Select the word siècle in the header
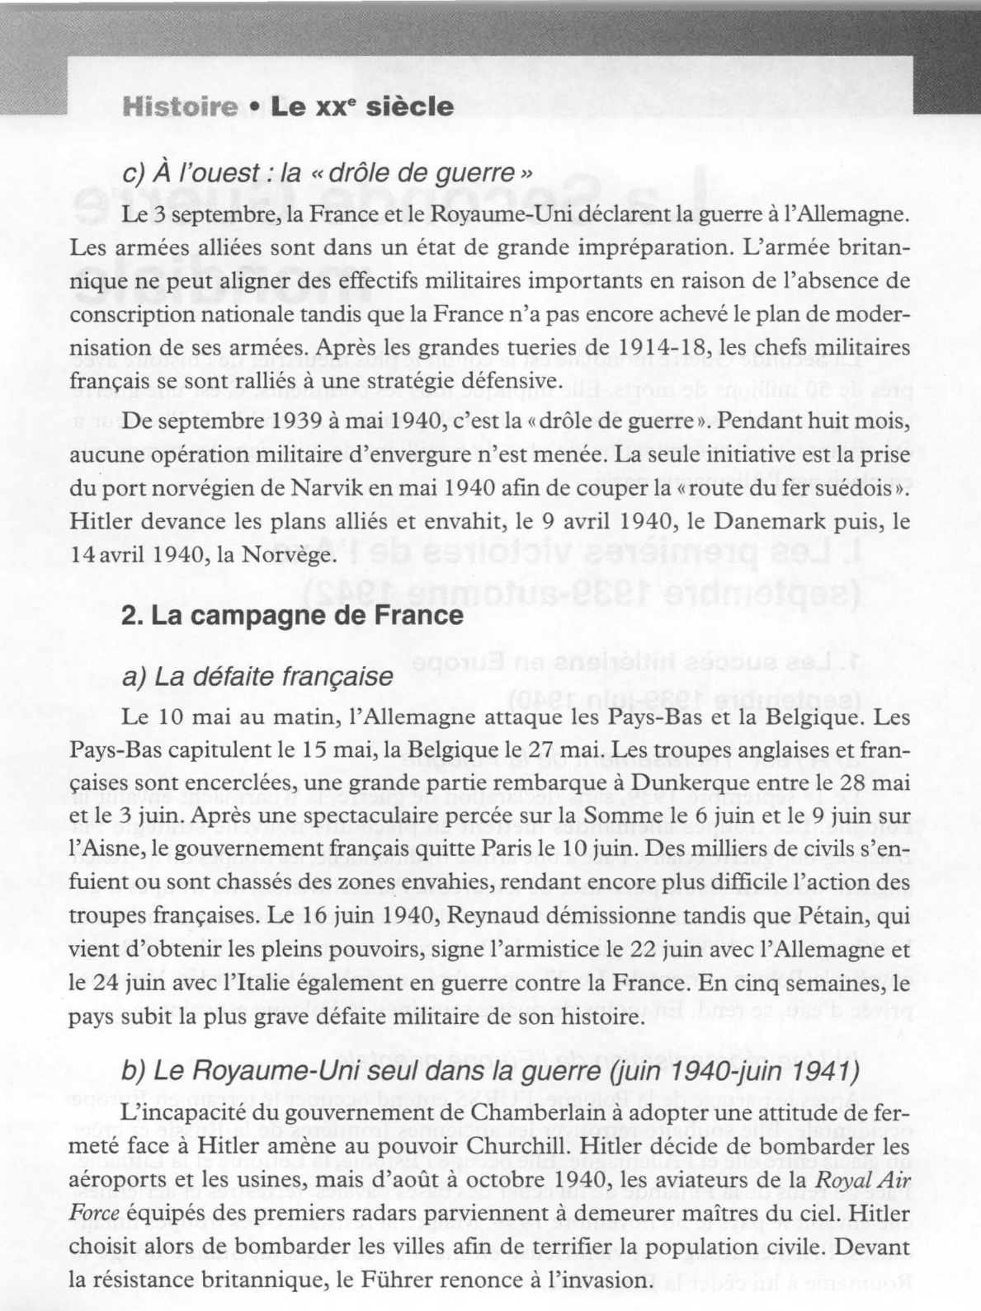pyautogui.click(x=409, y=107)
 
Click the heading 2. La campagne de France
pyautogui.click(x=292, y=616)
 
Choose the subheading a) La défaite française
pyautogui.click(x=257, y=677)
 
